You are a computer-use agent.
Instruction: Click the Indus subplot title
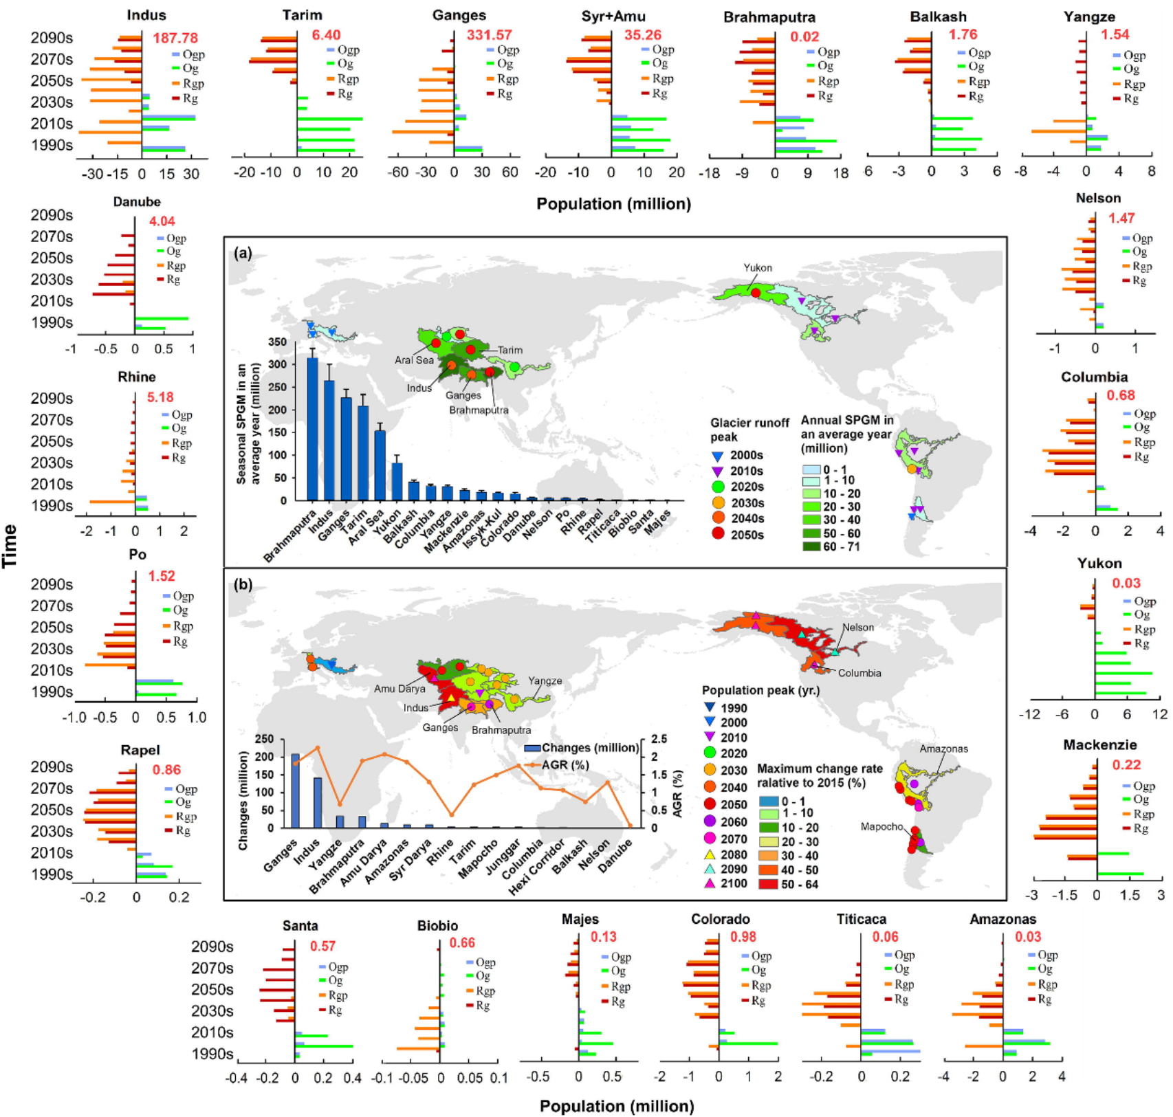pyautogui.click(x=146, y=15)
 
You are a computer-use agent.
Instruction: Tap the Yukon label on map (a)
pyautogui.click(x=757, y=268)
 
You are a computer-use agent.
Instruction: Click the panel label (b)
pyautogui.click(x=243, y=585)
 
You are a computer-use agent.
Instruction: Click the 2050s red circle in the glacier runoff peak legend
pyautogui.click(x=719, y=534)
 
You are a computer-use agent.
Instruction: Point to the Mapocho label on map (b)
pyautogui.click(x=881, y=826)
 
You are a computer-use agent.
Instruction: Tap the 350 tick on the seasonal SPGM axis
pyautogui.click(x=277, y=342)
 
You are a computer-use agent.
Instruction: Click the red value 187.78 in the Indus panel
pyautogui.click(x=175, y=38)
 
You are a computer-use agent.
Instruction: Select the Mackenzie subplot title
pyautogui.click(x=1099, y=745)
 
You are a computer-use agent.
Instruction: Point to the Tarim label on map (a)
pyautogui.click(x=509, y=350)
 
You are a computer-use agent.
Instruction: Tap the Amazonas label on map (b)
pyautogui.click(x=943, y=749)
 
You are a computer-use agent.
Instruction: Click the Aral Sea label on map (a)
pyautogui.click(x=414, y=360)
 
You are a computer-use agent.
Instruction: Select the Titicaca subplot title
pyautogui.click(x=861, y=919)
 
